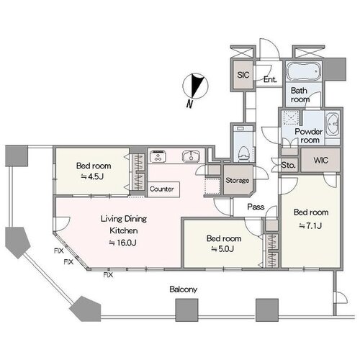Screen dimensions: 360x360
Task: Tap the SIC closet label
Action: click(x=243, y=75)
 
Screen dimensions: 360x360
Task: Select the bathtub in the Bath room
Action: click(x=304, y=71)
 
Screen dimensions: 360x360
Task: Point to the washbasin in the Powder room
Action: click(x=333, y=125)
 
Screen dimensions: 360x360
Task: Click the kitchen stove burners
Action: click(x=158, y=156)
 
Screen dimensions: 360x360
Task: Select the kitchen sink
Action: click(x=191, y=156)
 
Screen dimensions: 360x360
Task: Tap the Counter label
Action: click(x=162, y=189)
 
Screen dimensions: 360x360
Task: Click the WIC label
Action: click(x=320, y=160)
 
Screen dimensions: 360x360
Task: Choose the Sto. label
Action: click(x=288, y=165)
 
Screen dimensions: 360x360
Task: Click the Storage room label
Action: click(x=237, y=180)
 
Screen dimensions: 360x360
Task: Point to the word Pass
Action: click(x=256, y=207)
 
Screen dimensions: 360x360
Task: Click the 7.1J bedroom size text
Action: click(x=310, y=225)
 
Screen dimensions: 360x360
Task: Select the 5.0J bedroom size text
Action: click(x=222, y=249)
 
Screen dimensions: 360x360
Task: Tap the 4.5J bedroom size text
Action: click(x=92, y=177)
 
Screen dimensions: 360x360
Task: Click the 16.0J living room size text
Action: click(x=123, y=243)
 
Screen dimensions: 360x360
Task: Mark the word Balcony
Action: click(x=184, y=289)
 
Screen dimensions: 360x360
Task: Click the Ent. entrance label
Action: click(x=270, y=79)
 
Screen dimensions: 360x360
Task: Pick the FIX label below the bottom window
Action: click(x=108, y=275)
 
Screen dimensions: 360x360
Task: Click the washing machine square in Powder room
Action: click(x=291, y=118)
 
